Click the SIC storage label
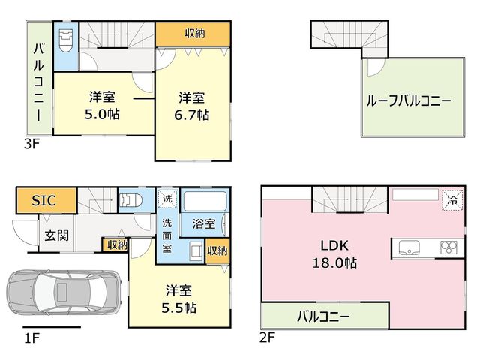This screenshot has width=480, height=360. click(x=43, y=201)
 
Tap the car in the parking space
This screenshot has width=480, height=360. click(x=64, y=292)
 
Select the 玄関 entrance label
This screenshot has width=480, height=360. click(x=57, y=235)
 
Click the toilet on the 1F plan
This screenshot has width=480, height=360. click(x=132, y=201)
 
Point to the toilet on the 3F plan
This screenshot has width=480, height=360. click(x=66, y=40)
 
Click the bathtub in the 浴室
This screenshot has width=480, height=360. click(x=205, y=201)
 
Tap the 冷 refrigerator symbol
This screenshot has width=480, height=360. click(x=452, y=200)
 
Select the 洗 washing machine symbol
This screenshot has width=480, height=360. click(x=167, y=199)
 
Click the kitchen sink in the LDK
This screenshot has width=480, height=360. click(x=409, y=247)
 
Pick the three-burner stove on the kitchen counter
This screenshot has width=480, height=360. click(x=448, y=247)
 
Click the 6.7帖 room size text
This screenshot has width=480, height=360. click(x=192, y=115)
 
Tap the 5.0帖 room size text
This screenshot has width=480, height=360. click(x=102, y=114)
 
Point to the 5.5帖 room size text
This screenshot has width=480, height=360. click(x=178, y=307)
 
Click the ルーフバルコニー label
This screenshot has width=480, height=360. click(x=408, y=101)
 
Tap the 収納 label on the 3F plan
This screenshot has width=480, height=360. click(x=195, y=33)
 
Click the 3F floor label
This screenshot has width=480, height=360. click(x=32, y=144)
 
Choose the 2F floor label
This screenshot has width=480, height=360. click(x=268, y=337)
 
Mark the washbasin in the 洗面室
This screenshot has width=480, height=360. click(x=196, y=250)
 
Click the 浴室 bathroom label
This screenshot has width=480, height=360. click(x=204, y=223)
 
